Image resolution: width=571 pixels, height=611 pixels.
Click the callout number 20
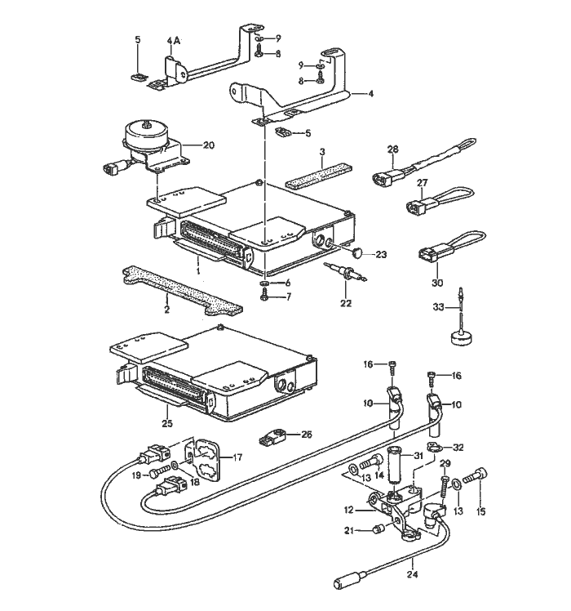click(208, 145)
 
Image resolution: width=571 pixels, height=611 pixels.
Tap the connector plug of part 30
click(429, 255)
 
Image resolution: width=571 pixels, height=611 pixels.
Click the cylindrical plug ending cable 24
click(345, 583)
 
